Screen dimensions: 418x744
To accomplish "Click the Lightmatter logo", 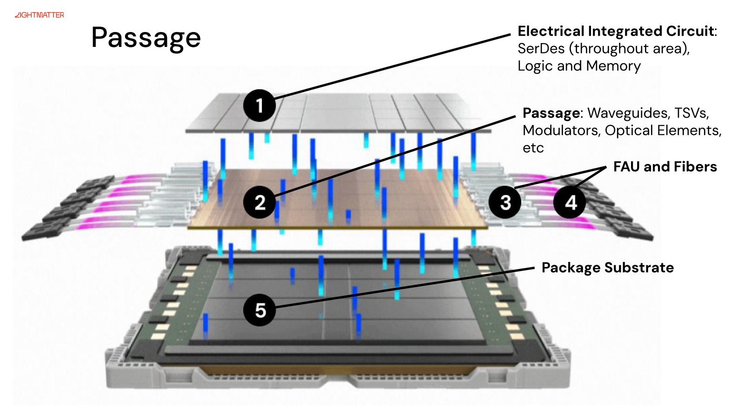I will coord(40,15).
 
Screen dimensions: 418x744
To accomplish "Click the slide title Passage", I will coord(146,37).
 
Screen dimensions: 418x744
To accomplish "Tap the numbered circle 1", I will coord(259,105).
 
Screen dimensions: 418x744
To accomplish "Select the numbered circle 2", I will coord(260,202).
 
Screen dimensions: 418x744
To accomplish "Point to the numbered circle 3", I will coord(505,202).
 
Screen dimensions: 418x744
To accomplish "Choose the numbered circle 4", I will coord(570,202).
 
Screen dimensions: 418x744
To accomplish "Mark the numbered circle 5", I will coord(260,310).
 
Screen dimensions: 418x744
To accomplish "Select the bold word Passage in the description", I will coord(551,113).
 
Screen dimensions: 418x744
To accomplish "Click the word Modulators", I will coord(561,131).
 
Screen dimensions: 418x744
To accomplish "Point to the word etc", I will coord(533,148).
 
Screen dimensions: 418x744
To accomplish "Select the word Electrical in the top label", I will coord(551,31).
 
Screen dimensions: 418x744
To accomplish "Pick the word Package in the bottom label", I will coord(571,268).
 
